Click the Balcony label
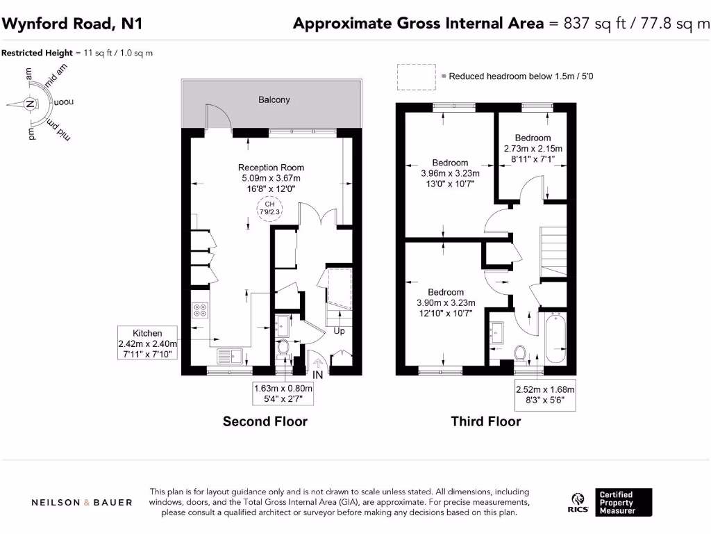pyautogui.click(x=274, y=100)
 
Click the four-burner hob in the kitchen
pyautogui.click(x=200, y=310)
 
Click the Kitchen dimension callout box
pyautogui.click(x=148, y=344)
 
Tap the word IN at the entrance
pyautogui.click(x=318, y=375)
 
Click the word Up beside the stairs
pyautogui.click(x=339, y=331)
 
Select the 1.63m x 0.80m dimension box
pyautogui.click(x=283, y=394)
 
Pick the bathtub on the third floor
pyautogui.click(x=555, y=339)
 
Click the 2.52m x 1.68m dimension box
pyautogui.click(x=545, y=395)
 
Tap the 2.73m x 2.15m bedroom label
pyautogui.click(x=533, y=148)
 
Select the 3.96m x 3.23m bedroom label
pyautogui.click(x=449, y=173)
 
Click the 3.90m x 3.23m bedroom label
pyautogui.click(x=445, y=302)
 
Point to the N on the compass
pyautogui.click(x=30, y=104)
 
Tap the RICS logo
pyautogui.click(x=579, y=501)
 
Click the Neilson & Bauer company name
pyautogui.click(x=82, y=502)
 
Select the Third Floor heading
pyautogui.click(x=485, y=421)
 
